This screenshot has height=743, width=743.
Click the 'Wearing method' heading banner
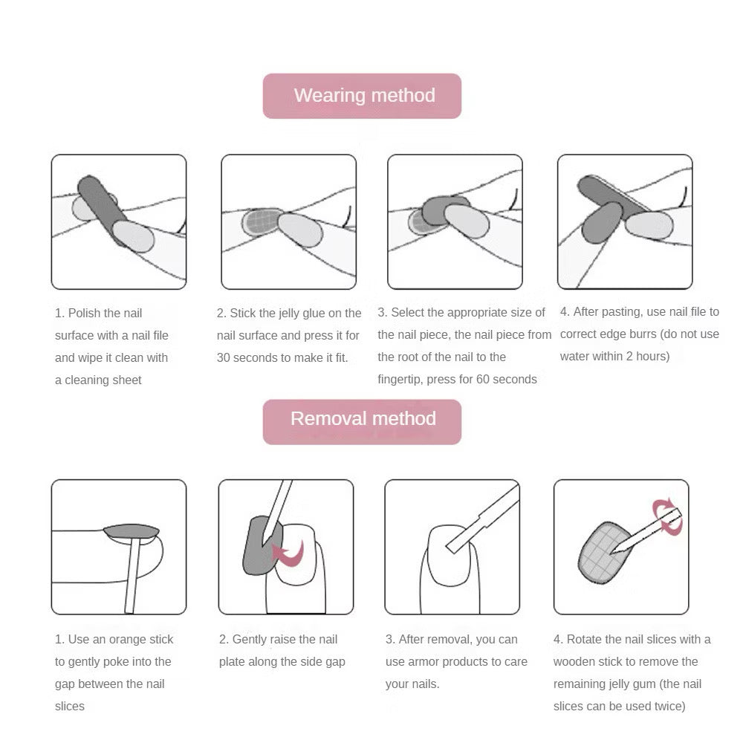coord(363,96)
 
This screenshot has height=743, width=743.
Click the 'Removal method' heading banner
coord(363,419)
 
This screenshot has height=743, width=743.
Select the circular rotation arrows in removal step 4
coord(666,516)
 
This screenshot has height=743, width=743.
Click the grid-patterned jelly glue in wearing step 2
coord(260,221)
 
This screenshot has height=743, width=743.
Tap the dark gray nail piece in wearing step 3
coord(444,211)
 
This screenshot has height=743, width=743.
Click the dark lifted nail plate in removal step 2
coord(259,547)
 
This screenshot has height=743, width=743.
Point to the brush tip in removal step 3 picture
coord(454,545)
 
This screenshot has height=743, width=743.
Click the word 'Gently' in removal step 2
coord(252,640)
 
